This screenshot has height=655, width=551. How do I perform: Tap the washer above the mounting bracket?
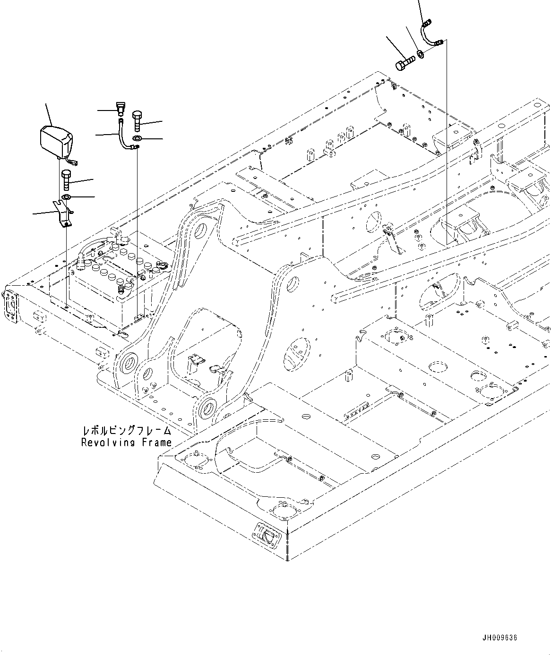[x=67, y=196]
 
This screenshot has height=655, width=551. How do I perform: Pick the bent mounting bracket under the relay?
[x=62, y=213]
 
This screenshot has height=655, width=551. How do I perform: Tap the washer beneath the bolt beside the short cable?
[x=137, y=138]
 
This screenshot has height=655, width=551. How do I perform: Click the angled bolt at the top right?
[x=405, y=62]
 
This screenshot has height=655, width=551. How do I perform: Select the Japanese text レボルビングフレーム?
[x=126, y=431]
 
